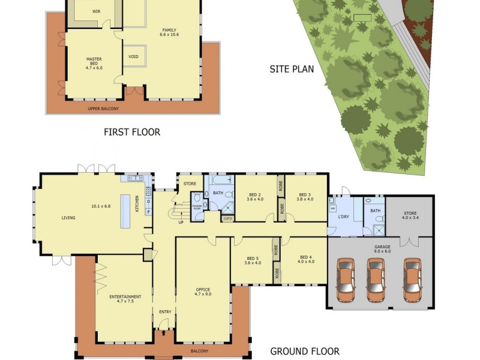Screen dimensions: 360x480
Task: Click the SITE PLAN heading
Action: tap(292, 69)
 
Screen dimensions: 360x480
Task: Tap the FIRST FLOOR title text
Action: tap(132, 132)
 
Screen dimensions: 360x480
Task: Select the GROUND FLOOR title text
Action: tap(304, 352)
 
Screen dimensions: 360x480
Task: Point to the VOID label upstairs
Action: tap(133, 57)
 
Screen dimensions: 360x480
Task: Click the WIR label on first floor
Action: tap(96, 11)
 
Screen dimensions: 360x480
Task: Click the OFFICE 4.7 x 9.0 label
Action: tap(202, 292)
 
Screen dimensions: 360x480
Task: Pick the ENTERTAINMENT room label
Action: tap(125, 299)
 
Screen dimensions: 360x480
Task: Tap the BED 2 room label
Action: tap(255, 197)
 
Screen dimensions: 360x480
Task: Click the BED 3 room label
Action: tap(305, 197)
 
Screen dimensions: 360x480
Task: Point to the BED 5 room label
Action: tap(253, 260)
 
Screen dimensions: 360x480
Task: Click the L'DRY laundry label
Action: tap(344, 215)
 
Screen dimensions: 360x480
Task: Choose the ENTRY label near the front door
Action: tap(164, 312)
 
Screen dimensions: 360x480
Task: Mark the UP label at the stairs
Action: tap(181, 222)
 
